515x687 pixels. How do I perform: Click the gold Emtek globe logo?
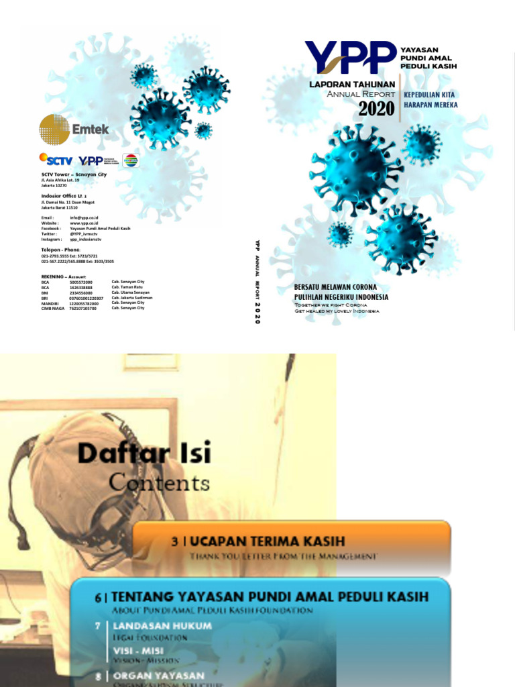click(54, 129)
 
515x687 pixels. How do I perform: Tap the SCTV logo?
click(56, 160)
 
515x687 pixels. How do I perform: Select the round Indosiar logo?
click(131, 160)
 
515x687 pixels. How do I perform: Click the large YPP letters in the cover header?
click(350, 56)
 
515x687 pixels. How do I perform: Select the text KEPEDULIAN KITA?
click(429, 95)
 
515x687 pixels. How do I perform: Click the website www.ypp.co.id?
click(84, 223)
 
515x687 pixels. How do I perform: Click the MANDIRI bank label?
click(51, 303)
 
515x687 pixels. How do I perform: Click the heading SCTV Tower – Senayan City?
click(74, 174)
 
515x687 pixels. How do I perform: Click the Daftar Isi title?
click(144, 454)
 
